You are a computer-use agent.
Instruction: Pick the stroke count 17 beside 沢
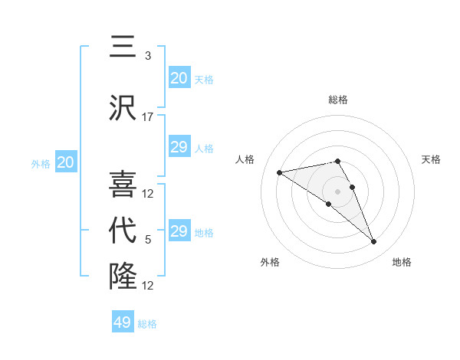[148, 116]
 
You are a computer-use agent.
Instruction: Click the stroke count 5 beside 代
[148, 240]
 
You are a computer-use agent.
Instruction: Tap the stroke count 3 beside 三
[148, 56]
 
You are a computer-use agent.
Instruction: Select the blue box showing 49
[123, 322]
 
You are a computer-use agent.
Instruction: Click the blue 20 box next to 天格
[179, 78]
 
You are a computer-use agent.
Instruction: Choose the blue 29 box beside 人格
[179, 147]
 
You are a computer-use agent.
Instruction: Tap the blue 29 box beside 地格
[179, 231]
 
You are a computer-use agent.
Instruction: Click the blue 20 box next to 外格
[66, 162]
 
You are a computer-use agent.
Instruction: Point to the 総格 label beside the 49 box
[147, 324]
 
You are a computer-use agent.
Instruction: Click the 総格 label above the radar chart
[338, 100]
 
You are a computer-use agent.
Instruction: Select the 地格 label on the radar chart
[402, 262]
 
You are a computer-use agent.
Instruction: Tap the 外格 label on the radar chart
[270, 262]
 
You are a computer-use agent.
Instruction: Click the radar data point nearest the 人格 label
[280, 172]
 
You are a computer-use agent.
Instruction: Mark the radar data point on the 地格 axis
[374, 242]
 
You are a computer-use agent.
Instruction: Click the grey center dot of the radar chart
[338, 191]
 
